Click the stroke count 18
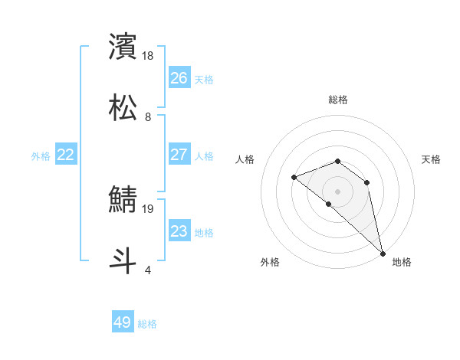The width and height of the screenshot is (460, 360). pos(149,55)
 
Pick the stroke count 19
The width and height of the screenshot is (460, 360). pos(149,208)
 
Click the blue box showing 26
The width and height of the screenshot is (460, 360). pos(179,77)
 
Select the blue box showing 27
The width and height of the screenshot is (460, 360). pos(179,154)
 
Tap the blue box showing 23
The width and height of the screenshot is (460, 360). pos(179,231)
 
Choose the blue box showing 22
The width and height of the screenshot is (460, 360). pos(66,155)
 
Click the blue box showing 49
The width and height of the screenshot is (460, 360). pos(123,322)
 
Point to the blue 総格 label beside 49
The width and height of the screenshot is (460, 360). pos(147,324)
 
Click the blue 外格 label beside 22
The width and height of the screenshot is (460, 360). pos(41,156)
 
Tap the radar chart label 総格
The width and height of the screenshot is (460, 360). pos(338,100)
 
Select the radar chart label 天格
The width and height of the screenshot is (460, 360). pos(432,159)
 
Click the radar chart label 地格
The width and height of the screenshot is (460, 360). pos(402,262)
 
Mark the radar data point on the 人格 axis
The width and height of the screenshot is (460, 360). pos(294,178)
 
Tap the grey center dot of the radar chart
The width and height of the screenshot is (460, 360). pos(338,191)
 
